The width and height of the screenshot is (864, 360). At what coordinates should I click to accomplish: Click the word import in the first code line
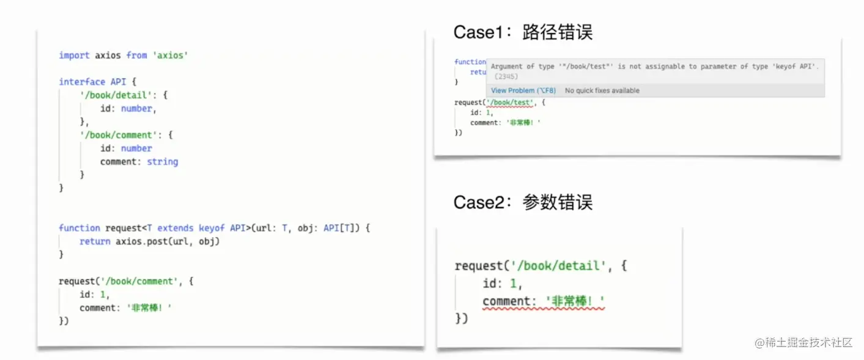[74, 56]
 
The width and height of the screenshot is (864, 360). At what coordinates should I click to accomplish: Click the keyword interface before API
[82, 82]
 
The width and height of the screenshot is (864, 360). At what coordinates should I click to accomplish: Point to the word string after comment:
[163, 162]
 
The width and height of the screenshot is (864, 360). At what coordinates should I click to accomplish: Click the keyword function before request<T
[79, 228]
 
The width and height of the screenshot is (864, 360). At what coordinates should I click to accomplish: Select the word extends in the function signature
[175, 228]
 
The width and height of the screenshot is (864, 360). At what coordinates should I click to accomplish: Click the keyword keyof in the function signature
[212, 228]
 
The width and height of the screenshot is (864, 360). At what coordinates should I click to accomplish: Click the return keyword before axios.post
[95, 241]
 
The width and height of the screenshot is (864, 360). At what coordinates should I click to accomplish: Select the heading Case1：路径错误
[523, 32]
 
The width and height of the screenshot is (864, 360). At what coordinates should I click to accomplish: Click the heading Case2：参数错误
[523, 202]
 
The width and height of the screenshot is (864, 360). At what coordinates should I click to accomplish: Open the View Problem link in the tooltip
[523, 90]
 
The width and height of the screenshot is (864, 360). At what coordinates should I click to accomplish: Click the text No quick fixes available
[602, 90]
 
